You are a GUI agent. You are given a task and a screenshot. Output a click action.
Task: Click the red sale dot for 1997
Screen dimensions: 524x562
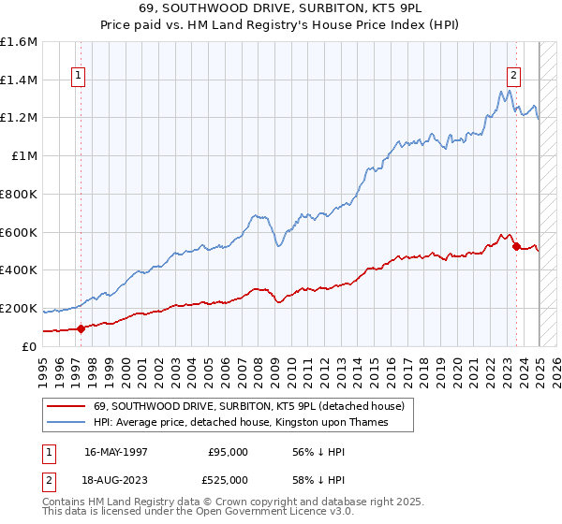(81, 327)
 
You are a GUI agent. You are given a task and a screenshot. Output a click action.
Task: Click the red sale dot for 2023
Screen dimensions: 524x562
(516, 246)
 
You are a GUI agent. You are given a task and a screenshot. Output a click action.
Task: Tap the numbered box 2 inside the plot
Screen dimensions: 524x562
(514, 78)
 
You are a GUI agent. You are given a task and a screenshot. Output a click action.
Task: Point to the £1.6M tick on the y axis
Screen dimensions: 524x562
(20, 42)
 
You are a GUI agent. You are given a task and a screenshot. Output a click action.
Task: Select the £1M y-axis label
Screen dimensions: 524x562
(25, 156)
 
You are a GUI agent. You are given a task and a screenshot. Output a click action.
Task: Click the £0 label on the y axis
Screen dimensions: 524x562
(31, 346)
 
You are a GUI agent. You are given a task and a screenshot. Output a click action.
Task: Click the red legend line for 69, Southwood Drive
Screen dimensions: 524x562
(67, 406)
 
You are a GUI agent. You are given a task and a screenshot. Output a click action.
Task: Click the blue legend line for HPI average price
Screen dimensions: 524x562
(67, 422)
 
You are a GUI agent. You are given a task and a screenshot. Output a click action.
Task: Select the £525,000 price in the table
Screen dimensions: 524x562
(228, 478)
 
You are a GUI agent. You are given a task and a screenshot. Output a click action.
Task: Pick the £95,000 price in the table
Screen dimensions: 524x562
(228, 452)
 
